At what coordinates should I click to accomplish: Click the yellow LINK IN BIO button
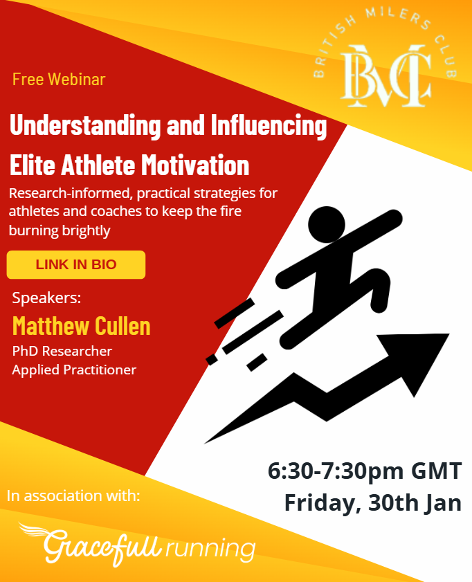point(76,264)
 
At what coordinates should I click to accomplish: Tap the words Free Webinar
point(59,79)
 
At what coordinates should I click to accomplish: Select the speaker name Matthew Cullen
point(81,325)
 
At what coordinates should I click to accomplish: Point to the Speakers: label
point(46,299)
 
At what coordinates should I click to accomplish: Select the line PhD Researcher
point(62,352)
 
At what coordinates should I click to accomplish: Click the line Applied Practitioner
point(74,370)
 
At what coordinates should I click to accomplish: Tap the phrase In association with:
point(73,495)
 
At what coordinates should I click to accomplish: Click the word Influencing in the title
point(266,127)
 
